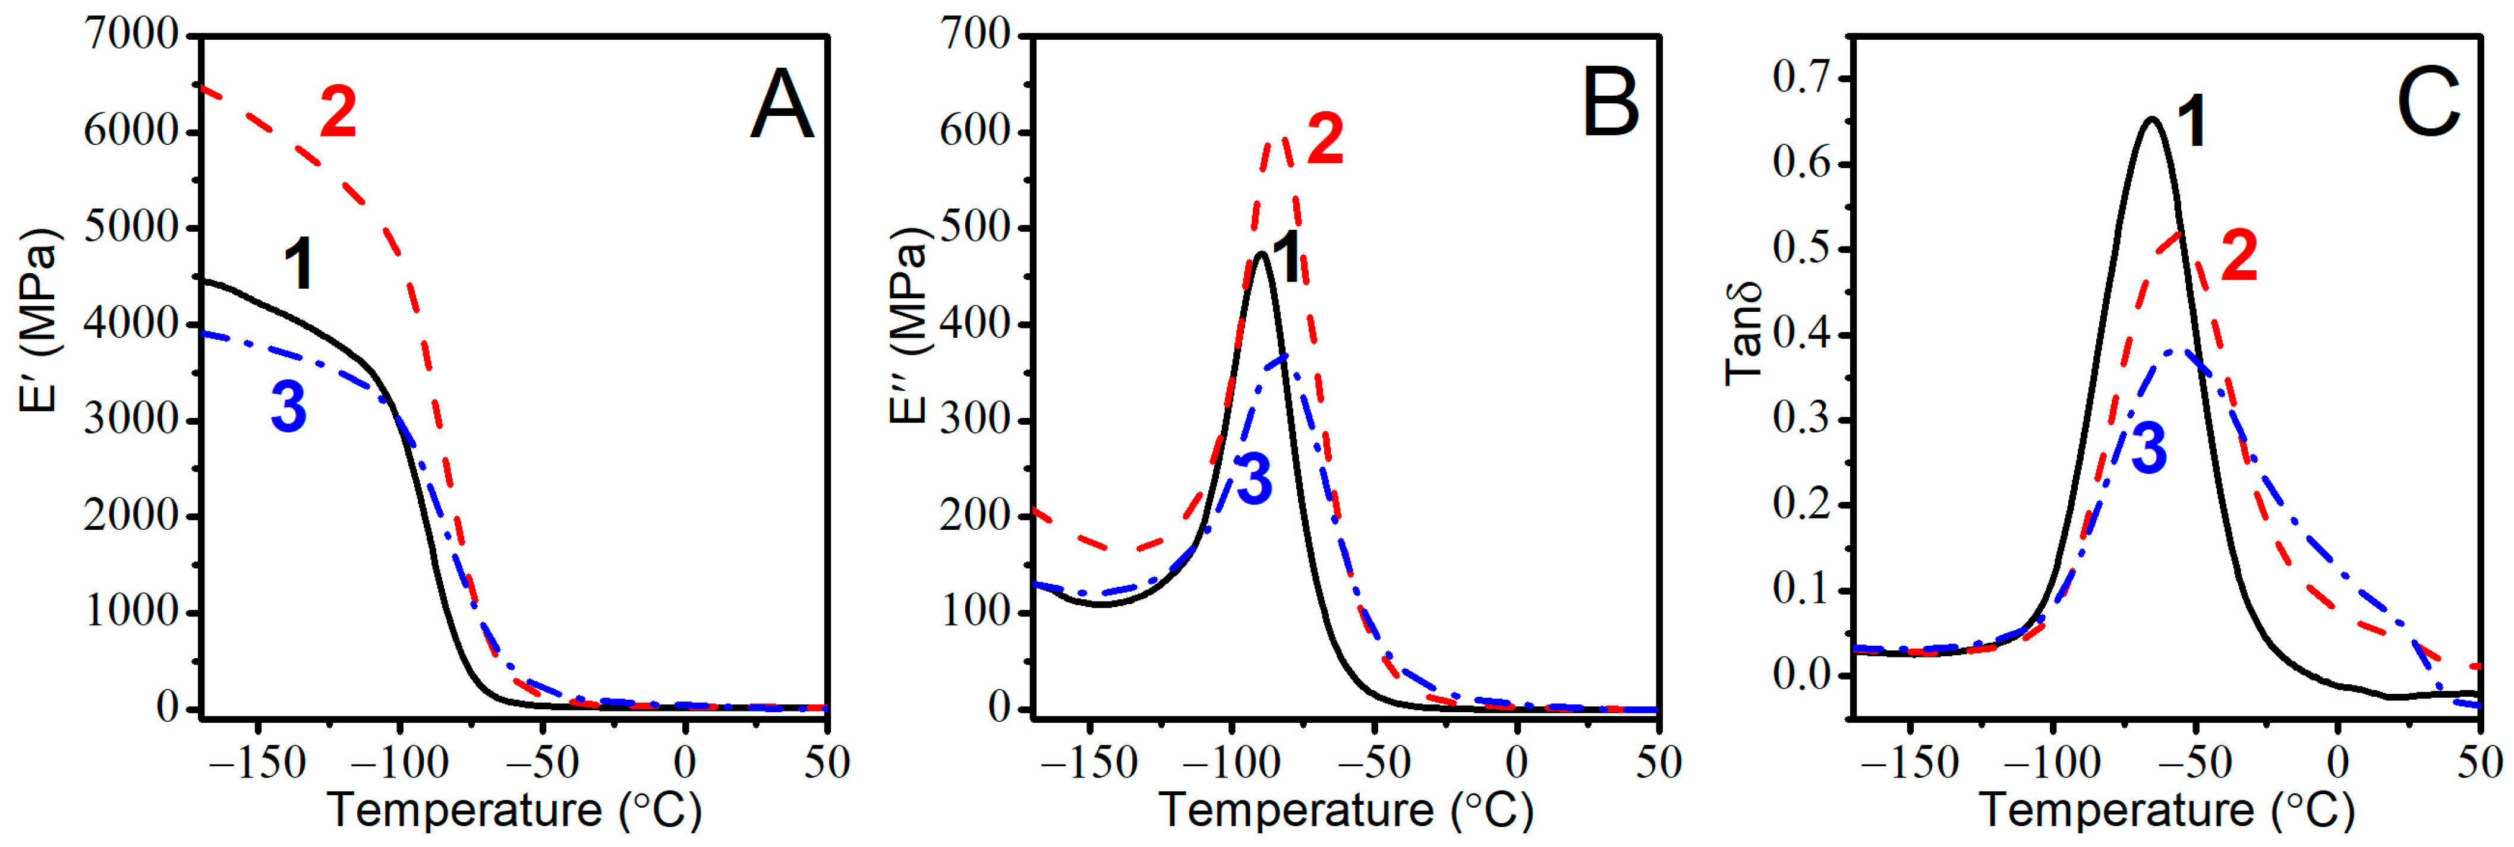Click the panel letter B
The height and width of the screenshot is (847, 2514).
1610,105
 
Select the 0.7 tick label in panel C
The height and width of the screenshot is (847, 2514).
1801,78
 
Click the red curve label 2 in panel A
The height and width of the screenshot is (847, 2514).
339,113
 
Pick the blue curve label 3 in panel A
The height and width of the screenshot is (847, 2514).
289,407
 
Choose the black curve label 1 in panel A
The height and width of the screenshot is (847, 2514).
298,266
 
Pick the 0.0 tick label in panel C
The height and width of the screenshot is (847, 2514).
1801,675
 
